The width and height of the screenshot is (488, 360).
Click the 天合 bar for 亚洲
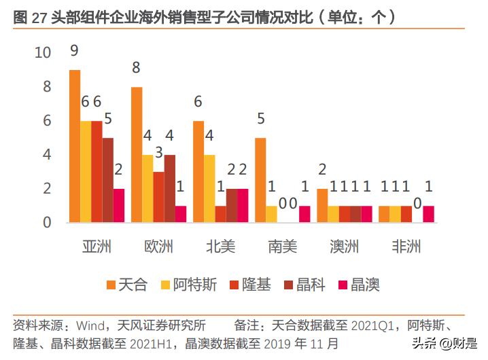[x=75, y=146]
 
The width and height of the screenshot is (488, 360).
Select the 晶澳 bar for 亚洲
[x=119, y=205]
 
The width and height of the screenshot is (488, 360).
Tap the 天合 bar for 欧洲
[x=137, y=155]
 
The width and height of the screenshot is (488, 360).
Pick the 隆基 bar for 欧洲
[x=158, y=197]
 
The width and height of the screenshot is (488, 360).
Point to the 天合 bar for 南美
[x=260, y=180]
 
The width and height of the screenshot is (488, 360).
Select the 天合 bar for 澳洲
[x=322, y=205]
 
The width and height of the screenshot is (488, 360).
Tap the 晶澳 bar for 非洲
[x=428, y=214]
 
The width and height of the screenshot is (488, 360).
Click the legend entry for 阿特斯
[x=190, y=284]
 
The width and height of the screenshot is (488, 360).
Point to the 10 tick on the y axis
[x=43, y=53]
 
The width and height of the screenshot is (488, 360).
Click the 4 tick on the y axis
[x=47, y=155]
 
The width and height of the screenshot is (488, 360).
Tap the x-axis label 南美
[x=282, y=246]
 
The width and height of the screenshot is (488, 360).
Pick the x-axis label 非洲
[x=406, y=246]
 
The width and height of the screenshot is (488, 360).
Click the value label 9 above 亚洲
[x=75, y=50]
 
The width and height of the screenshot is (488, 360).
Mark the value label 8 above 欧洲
[x=137, y=67]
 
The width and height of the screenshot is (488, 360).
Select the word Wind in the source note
[x=90, y=325]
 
